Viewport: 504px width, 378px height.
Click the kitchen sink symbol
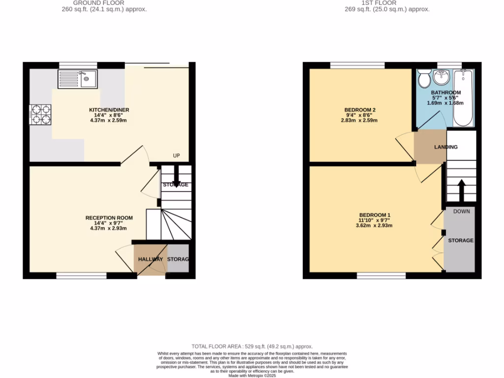click(x=78, y=78)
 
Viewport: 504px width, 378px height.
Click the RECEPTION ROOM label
click(x=109, y=218)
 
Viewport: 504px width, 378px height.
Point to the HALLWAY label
click(x=150, y=259)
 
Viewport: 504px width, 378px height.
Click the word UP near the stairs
click(x=176, y=156)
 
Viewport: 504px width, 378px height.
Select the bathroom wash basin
click(x=441, y=77)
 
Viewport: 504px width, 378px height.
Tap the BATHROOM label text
click(x=446, y=93)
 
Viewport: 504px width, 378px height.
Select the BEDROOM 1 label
click(x=375, y=215)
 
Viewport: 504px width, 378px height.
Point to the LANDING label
click(x=445, y=147)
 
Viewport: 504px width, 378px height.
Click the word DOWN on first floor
click(x=461, y=211)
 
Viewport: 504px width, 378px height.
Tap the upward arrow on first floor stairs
click(x=462, y=190)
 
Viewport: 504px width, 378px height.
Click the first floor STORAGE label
click(x=460, y=240)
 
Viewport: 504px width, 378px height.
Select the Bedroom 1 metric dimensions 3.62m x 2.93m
click(x=375, y=226)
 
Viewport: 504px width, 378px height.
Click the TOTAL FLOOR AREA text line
click(x=252, y=346)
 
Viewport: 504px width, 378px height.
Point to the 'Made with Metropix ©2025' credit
click(x=252, y=376)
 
